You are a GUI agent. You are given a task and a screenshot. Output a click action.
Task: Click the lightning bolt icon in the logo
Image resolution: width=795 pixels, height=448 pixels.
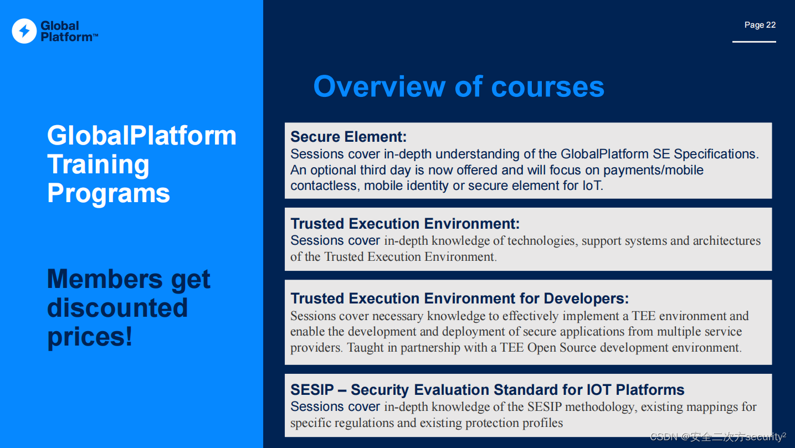click(x=24, y=31)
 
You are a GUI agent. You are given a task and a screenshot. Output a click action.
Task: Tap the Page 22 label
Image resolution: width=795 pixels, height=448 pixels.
click(x=760, y=25)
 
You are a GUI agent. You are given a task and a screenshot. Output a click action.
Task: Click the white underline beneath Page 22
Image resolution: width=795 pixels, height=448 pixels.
click(x=754, y=42)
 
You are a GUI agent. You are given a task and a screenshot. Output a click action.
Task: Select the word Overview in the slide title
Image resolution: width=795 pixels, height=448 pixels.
click(x=379, y=87)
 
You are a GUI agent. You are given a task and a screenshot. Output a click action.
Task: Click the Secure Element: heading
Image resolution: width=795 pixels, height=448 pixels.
click(x=348, y=137)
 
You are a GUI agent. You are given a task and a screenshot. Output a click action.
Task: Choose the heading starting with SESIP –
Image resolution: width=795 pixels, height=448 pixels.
click(x=487, y=390)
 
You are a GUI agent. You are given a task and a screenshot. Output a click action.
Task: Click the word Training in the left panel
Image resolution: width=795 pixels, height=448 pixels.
click(x=98, y=164)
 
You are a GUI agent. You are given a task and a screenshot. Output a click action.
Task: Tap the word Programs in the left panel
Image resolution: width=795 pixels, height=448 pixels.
click(x=108, y=193)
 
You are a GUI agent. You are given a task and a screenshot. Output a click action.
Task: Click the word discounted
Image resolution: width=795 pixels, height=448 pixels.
click(x=117, y=308)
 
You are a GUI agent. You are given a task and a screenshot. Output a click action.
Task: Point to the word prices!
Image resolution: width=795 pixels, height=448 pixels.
click(x=90, y=337)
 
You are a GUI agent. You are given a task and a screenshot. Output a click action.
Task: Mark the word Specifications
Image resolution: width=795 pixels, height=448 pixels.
click(x=716, y=154)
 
